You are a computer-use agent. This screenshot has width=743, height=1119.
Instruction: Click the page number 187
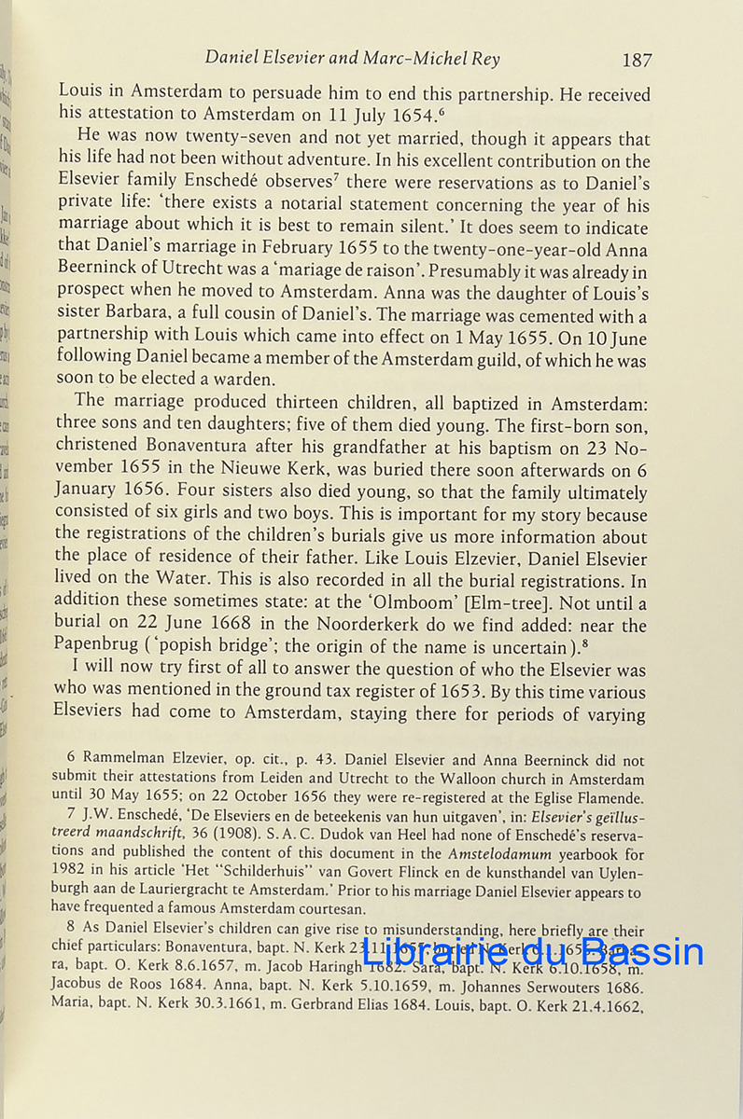pyautogui.click(x=636, y=60)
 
